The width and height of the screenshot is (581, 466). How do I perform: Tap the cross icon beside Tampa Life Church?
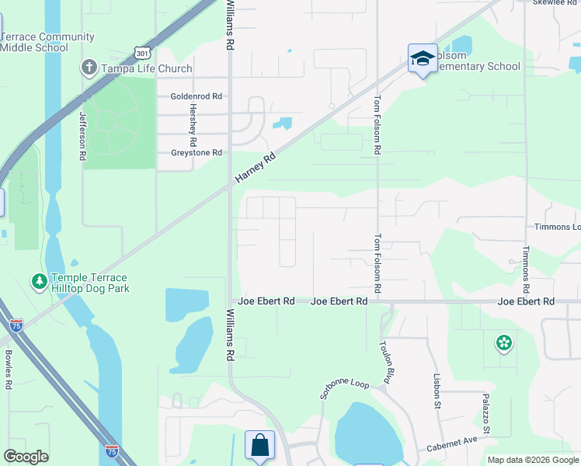89,68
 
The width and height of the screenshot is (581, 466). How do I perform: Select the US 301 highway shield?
141,52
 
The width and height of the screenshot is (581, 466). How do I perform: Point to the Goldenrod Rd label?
197,96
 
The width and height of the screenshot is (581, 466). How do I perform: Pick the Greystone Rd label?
197,153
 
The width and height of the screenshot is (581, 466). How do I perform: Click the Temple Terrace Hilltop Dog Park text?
89,283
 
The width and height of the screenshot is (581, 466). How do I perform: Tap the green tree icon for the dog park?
38,281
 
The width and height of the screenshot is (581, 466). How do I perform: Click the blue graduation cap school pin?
423,59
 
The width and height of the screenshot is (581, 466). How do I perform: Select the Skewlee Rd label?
555,3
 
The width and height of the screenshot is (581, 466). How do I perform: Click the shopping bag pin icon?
259,446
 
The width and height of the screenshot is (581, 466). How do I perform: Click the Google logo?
26,457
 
